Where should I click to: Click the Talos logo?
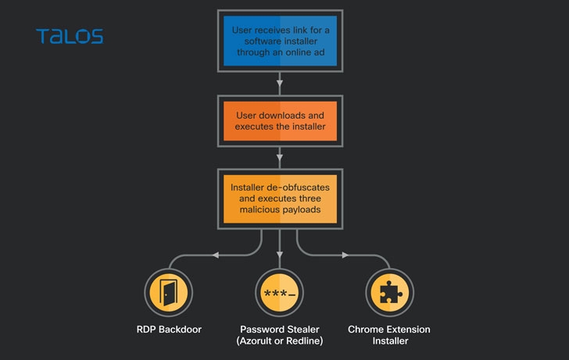[x=70, y=36]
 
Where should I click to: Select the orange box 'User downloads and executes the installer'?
[x=280, y=121]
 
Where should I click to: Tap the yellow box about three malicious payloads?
[x=280, y=198]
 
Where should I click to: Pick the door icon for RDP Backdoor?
[x=169, y=293]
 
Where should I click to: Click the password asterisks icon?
[x=280, y=294]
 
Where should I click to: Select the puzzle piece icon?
[x=388, y=293]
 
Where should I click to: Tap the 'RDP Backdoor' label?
[x=169, y=330]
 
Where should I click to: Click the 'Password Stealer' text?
[x=279, y=330]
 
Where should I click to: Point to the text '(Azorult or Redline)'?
[x=279, y=341]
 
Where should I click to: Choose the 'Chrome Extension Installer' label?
[x=388, y=335]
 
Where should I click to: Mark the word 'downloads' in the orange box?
[x=284, y=116]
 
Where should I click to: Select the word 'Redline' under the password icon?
[x=306, y=341]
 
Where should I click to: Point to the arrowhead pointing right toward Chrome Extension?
[x=345, y=254]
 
